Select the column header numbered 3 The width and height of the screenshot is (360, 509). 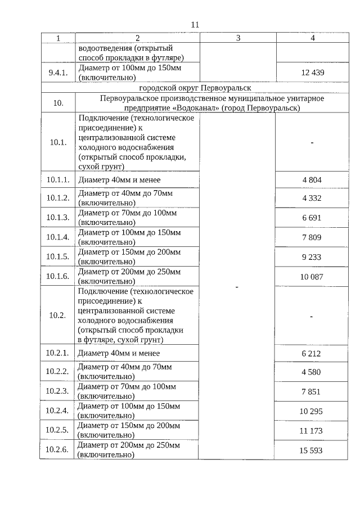pyautogui.click(x=237, y=38)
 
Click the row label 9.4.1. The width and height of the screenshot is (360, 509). pyautogui.click(x=57, y=73)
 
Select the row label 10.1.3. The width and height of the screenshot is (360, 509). pyautogui.click(x=57, y=218)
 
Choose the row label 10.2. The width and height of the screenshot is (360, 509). pyautogui.click(x=57, y=316)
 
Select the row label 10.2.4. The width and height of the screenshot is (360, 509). pyautogui.click(x=57, y=411)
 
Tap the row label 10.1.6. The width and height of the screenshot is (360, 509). pyautogui.click(x=57, y=276)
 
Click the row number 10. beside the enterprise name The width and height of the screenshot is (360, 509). pyautogui.click(x=57, y=103)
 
